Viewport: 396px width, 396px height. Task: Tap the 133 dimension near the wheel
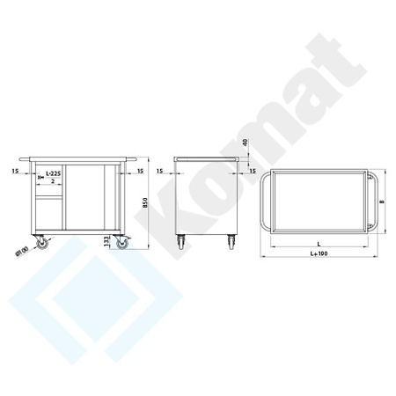click(106, 240)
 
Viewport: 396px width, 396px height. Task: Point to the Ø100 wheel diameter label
click(19, 253)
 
